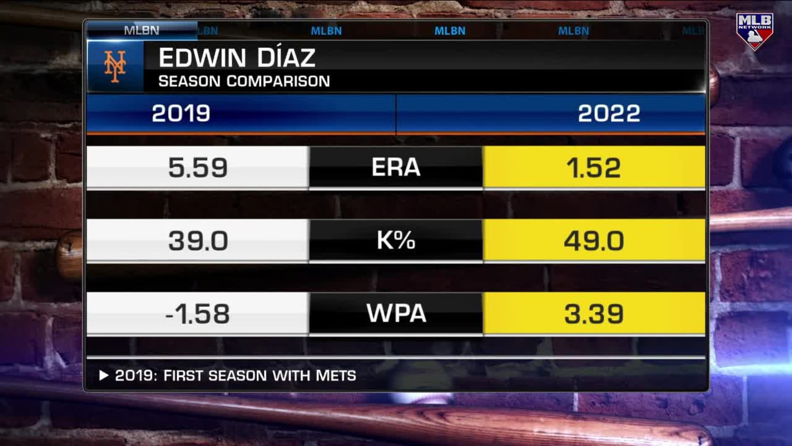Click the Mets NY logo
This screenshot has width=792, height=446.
coord(115,67)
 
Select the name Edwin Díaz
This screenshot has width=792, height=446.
coord(237,57)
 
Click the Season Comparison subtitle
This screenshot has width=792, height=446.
coord(244,81)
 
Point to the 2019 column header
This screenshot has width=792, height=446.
coord(181,114)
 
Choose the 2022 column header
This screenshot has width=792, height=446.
coord(608,114)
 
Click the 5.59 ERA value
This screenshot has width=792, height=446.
coord(198,168)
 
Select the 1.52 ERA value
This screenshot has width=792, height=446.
coord(593,168)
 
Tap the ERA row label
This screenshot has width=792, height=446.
coord(396,167)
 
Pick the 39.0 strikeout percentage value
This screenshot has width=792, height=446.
coord(198,241)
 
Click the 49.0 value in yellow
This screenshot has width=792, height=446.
coord(593,241)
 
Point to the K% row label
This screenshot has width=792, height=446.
coord(396,240)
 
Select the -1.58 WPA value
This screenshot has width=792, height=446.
coord(197,314)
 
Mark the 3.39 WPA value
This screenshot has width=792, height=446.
coord(593,314)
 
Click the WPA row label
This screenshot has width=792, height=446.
coord(396,313)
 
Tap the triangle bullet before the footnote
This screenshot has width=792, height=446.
coord(104,375)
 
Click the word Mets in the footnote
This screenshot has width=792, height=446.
coord(336,376)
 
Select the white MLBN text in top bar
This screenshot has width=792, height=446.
coord(141,30)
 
